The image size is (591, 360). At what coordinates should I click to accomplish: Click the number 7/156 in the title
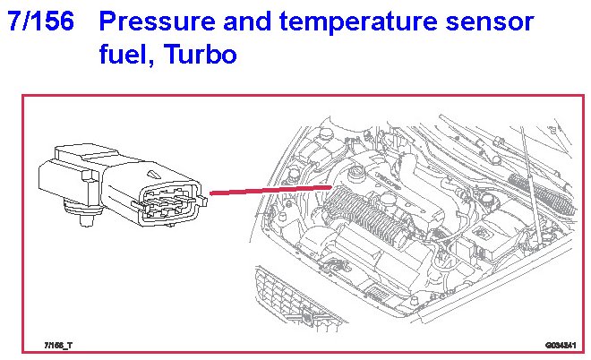click(40, 22)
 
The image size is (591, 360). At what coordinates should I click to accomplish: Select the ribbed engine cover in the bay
click(358, 215)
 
